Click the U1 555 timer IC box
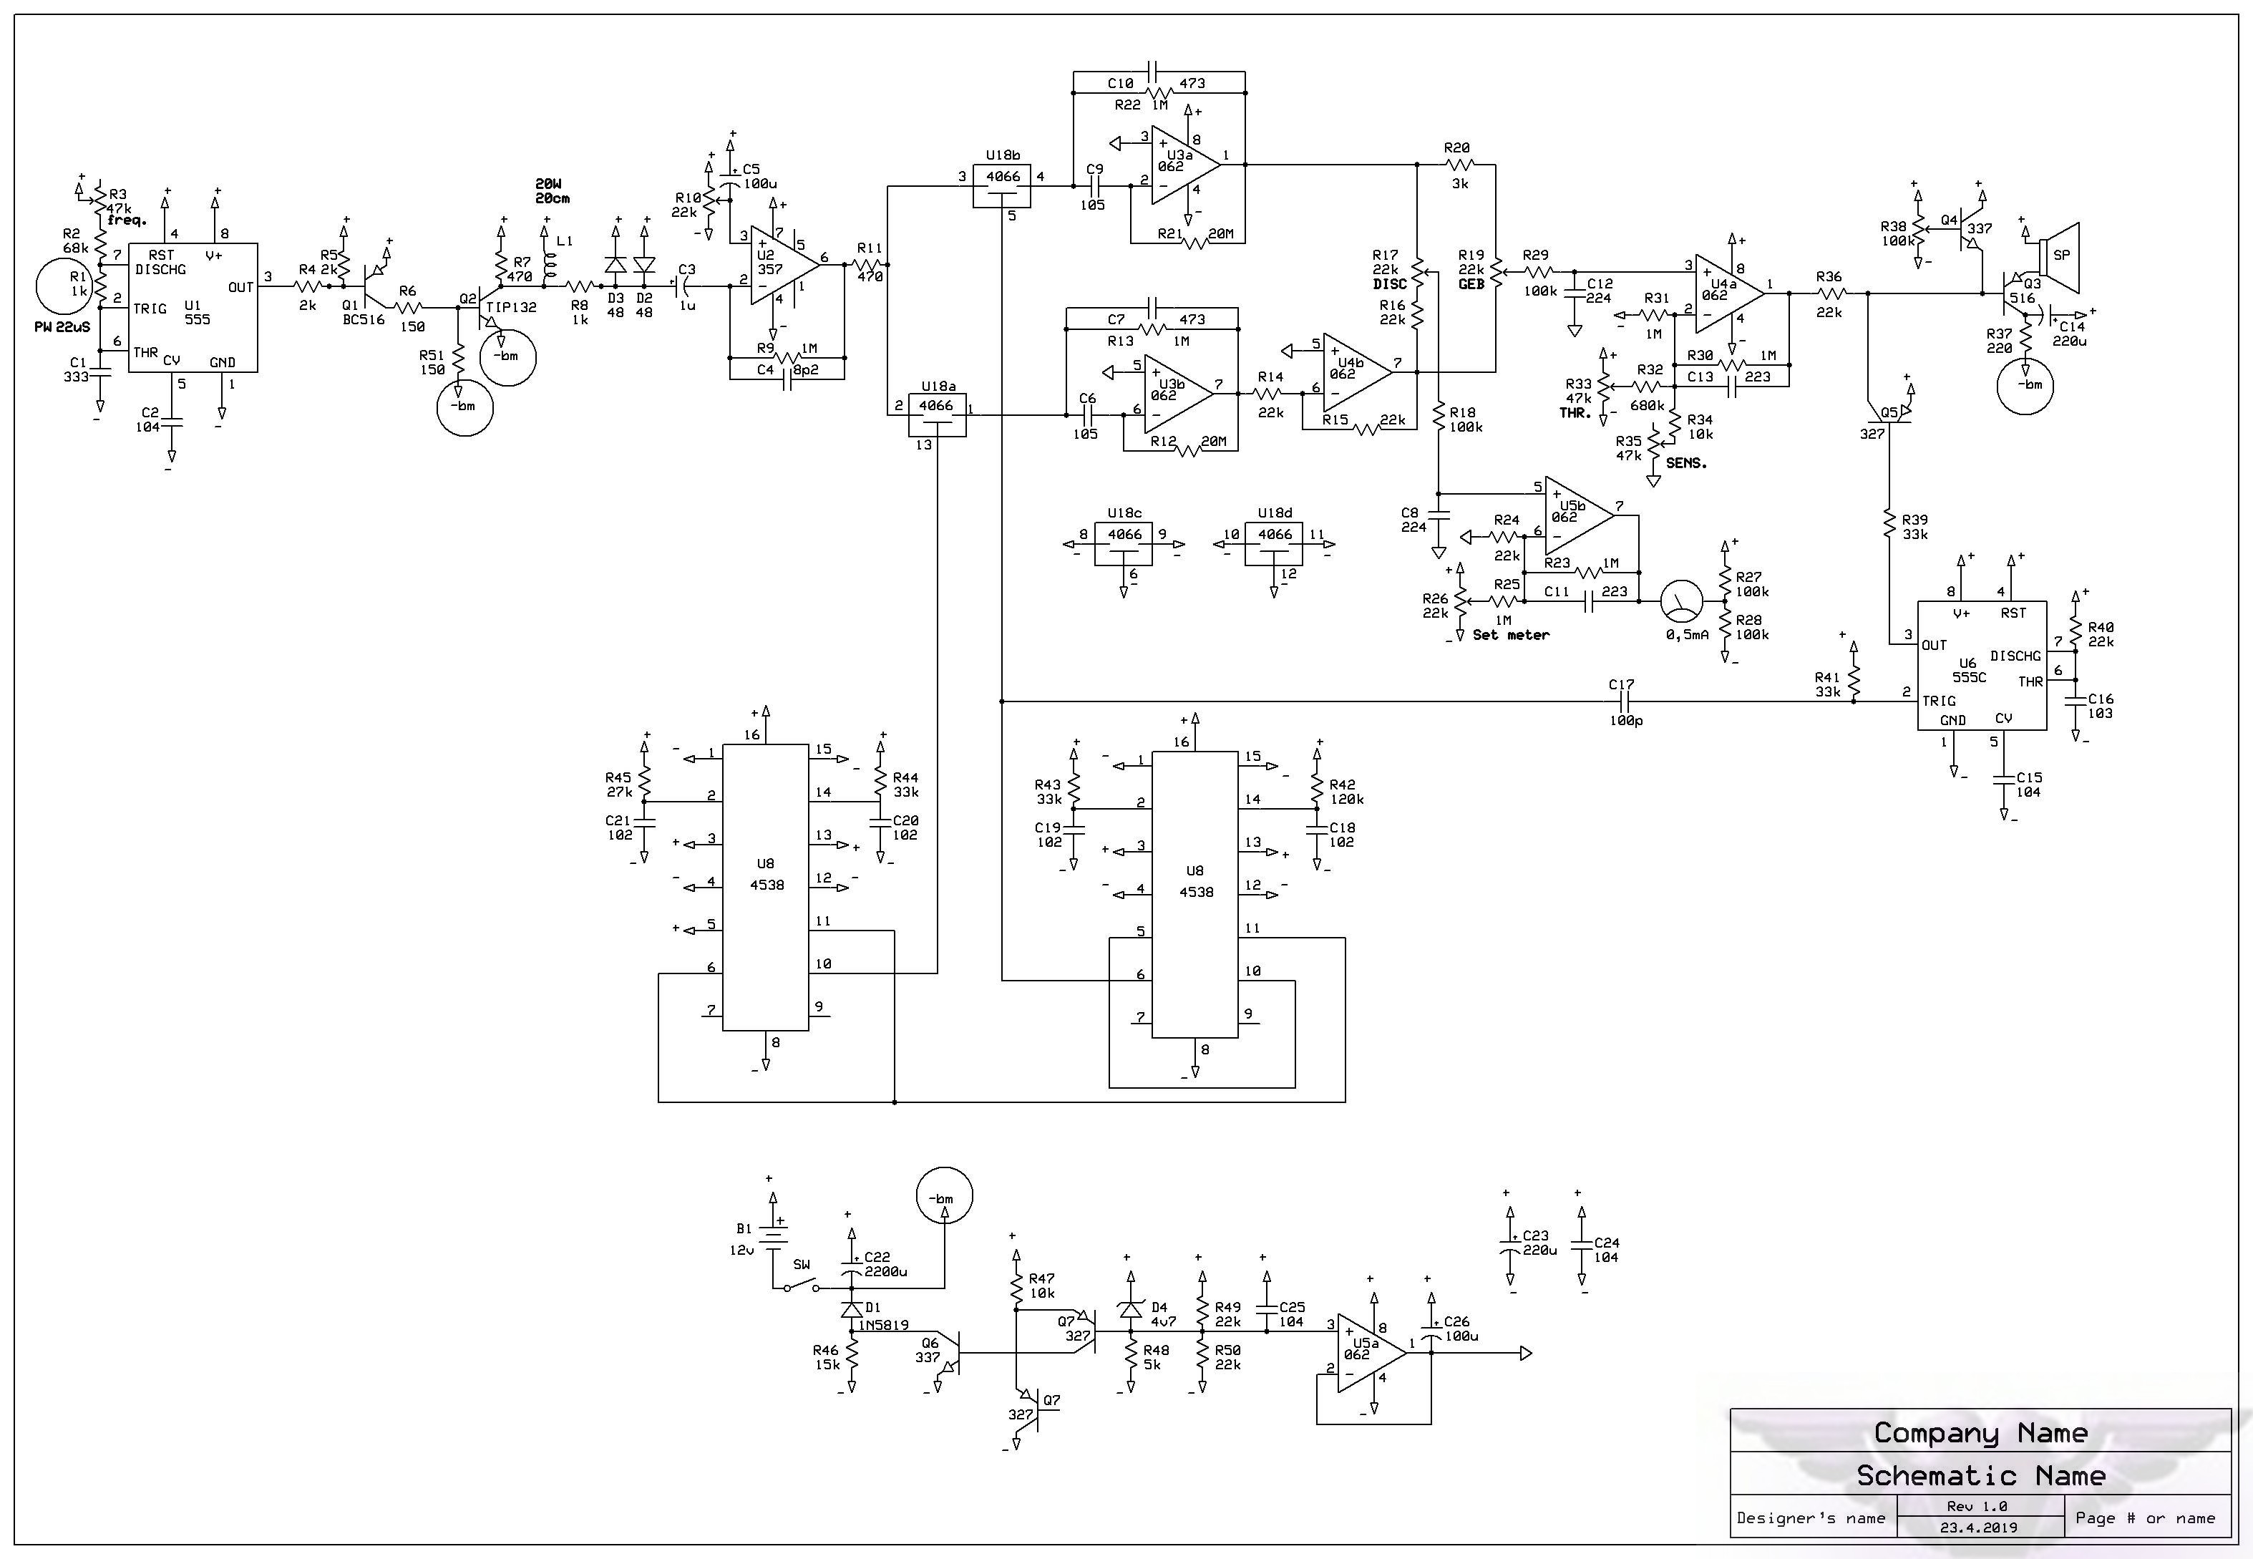tap(193, 307)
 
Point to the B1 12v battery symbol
tap(774, 1235)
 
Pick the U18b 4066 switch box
tap(1002, 185)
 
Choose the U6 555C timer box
tap(1982, 665)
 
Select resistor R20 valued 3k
tap(1457, 165)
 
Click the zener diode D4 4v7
tap(1130, 1311)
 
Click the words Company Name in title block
tap(1980, 1433)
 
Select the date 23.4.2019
tap(1979, 1528)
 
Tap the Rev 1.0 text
tap(1979, 1506)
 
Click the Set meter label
tap(1510, 635)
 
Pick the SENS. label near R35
tap(1687, 463)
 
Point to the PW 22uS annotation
tap(62, 326)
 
